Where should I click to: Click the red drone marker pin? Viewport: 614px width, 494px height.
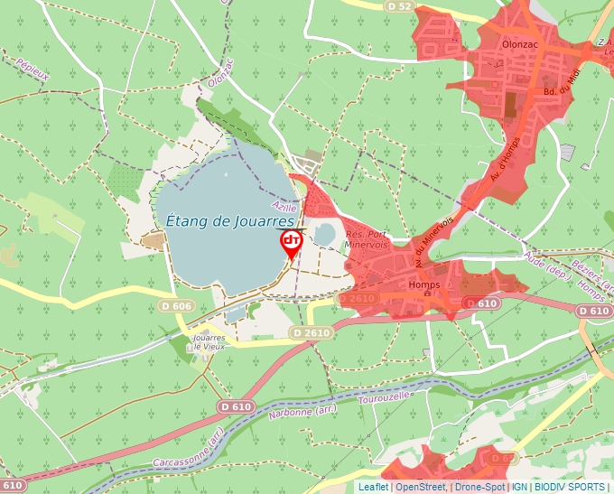coord(292,242)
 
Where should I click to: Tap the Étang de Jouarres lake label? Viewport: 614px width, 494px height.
coord(231,219)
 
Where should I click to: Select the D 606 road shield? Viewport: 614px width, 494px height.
coord(176,306)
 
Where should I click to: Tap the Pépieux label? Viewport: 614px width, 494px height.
coord(32,70)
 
